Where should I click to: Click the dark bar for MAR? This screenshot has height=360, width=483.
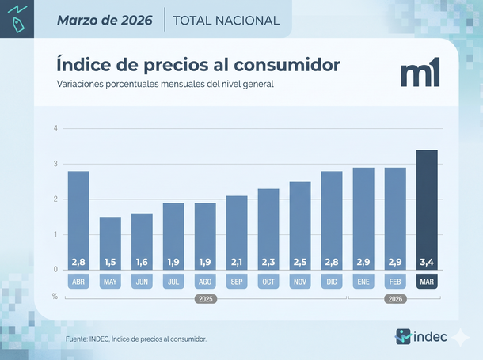427,210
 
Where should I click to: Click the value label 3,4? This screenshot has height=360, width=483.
427,261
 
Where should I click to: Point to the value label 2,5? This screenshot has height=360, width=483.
300,261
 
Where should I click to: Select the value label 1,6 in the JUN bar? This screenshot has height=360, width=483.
142,261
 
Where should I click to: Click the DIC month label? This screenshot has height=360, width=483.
332,281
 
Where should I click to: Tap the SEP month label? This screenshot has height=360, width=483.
237,281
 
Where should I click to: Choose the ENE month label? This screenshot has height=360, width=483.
363,281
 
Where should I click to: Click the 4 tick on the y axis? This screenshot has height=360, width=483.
55,128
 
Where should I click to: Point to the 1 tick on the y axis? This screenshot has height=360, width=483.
55,234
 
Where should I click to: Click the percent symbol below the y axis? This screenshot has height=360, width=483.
55,296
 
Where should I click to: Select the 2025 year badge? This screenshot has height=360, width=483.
205,300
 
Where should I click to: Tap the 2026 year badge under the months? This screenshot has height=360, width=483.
395,300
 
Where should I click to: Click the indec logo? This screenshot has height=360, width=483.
421,336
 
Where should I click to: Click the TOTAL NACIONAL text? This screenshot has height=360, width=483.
226,20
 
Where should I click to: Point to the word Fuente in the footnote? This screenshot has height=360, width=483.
78,339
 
